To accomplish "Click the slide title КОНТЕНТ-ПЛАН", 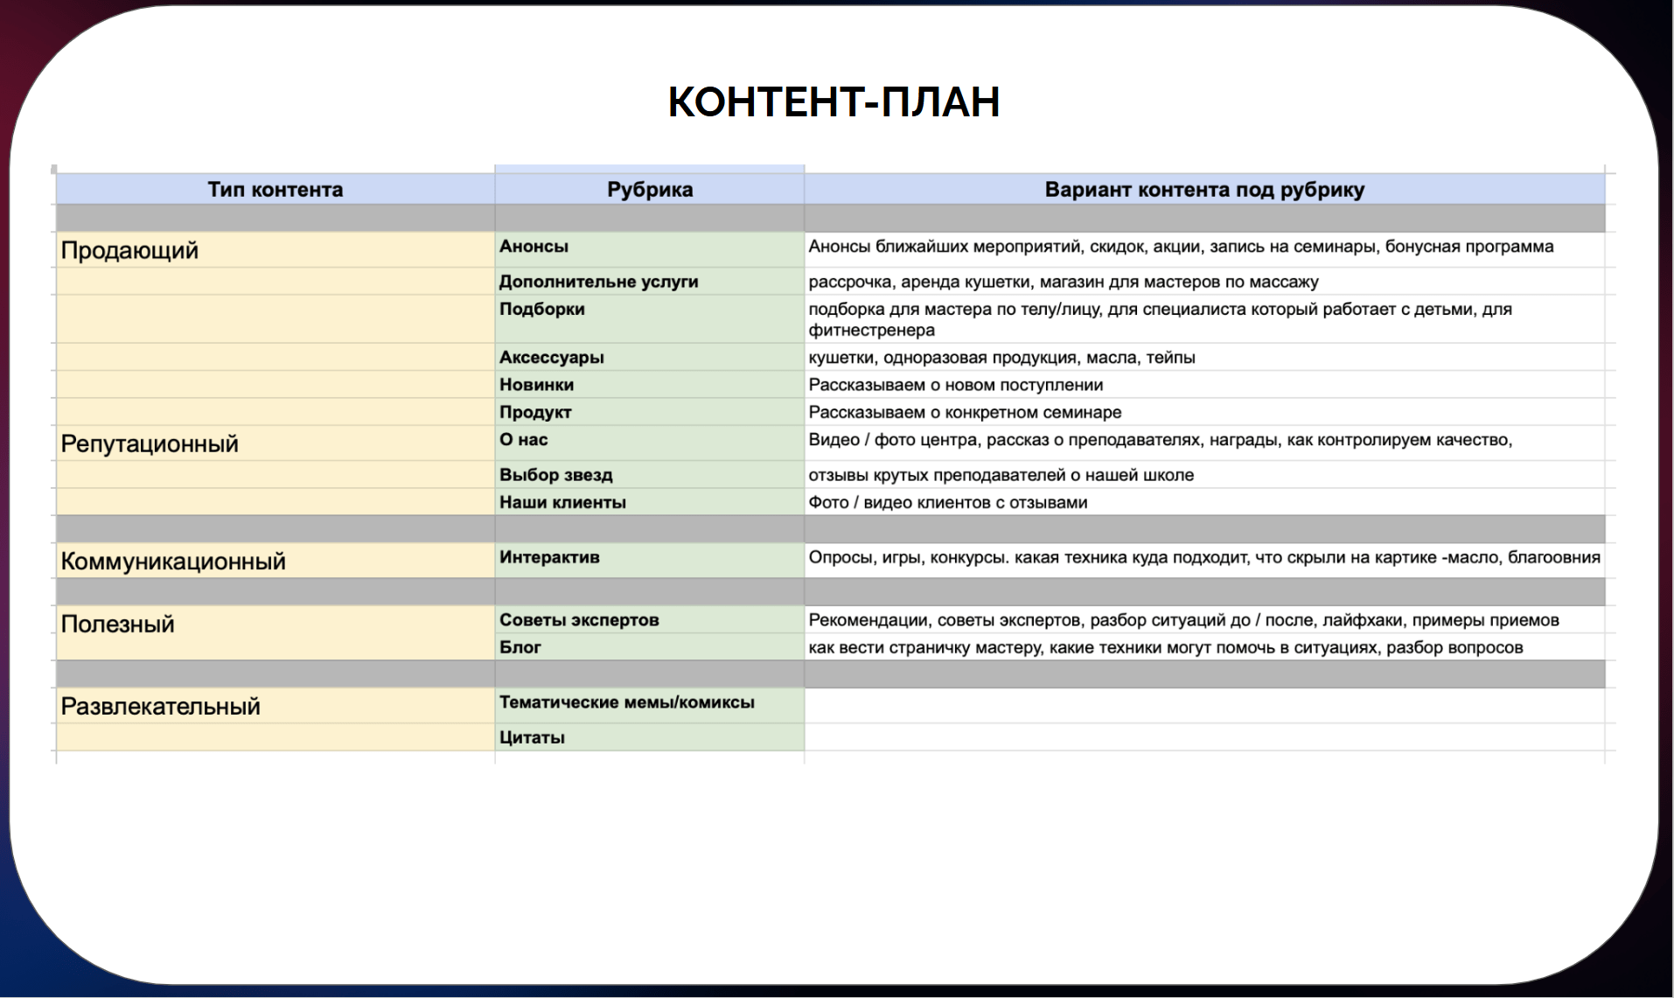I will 834,101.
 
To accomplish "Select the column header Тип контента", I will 275,190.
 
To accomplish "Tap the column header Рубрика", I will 649,190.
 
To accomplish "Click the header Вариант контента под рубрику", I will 1203,190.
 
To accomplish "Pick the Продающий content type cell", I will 129,251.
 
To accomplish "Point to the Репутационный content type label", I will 150,444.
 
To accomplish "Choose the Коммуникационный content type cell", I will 173,562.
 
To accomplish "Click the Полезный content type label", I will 117,625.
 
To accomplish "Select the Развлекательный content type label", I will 160,707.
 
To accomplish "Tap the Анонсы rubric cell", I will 534,247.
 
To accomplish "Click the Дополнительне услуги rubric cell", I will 598,282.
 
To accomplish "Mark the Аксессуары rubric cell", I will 551,358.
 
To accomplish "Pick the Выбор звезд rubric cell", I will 555,475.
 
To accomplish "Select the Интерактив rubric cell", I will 549,557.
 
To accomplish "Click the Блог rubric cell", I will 520,647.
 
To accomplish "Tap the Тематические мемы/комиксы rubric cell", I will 626,702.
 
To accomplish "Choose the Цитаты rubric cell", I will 532,737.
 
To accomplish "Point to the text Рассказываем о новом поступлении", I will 955,385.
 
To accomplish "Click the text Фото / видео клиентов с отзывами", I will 947,503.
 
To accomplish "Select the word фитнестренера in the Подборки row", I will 871,331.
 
